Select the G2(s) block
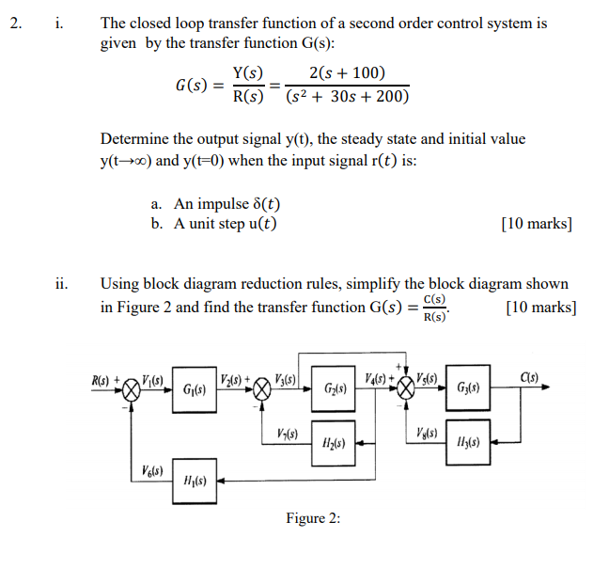336,389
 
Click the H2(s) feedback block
336,441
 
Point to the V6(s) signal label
153,471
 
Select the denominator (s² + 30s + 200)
348,97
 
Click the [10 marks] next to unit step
538,224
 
